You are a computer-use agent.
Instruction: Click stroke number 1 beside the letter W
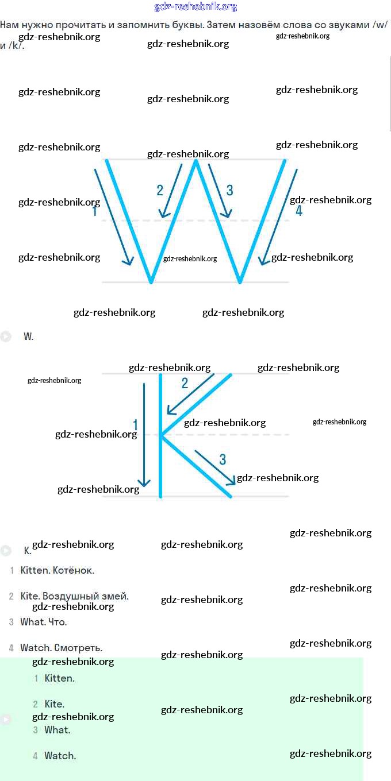click(x=95, y=211)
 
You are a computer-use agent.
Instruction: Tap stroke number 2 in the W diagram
click(x=160, y=191)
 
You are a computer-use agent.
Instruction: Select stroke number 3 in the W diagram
click(x=230, y=191)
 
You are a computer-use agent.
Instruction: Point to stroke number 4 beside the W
click(x=298, y=211)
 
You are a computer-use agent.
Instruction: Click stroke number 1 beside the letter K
click(x=136, y=425)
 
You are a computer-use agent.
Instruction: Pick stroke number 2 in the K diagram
click(x=185, y=383)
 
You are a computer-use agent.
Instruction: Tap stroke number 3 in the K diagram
click(x=223, y=459)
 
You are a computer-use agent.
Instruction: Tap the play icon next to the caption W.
click(x=6, y=337)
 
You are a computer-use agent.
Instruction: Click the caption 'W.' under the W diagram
click(x=29, y=337)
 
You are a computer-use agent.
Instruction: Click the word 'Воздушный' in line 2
click(x=68, y=596)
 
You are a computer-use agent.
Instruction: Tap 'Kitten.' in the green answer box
click(x=60, y=678)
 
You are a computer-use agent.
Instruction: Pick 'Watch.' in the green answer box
click(x=60, y=756)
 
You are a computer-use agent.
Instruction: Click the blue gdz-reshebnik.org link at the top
click(x=196, y=7)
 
